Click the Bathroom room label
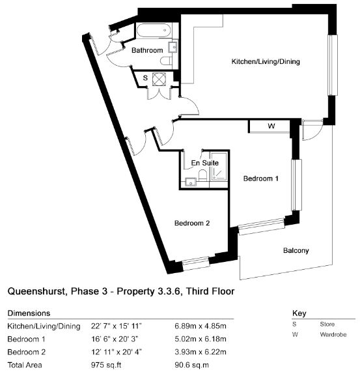coord(147,50)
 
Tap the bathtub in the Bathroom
coord(154,30)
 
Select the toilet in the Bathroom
coord(166,61)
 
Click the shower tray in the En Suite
coord(219,166)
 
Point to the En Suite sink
coord(190,182)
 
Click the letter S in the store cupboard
coord(145,78)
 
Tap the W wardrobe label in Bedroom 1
coord(271,126)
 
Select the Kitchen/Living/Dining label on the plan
coord(266,61)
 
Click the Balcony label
coord(296,251)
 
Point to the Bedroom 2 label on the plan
coord(192,223)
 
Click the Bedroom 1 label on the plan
coord(261,179)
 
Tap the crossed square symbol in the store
coord(159,79)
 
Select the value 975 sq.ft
coord(106,365)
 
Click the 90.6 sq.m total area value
coord(192,365)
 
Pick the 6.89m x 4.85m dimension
coord(201,326)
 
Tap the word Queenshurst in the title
coord(36,291)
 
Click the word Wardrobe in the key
coord(333,334)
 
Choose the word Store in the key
coord(327,324)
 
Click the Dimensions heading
coord(29,313)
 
